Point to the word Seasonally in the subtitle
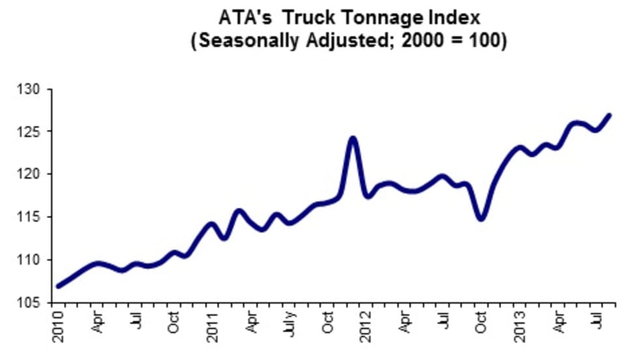coord(250,40)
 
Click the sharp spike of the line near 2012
coord(353,138)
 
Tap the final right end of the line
coord(609,115)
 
